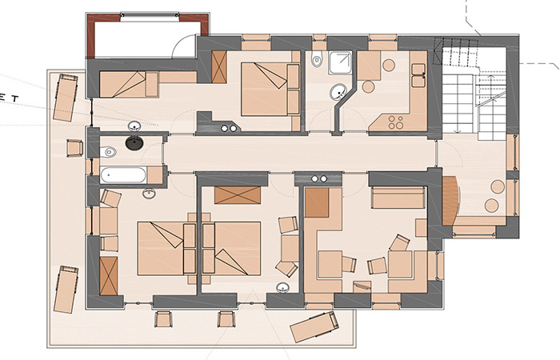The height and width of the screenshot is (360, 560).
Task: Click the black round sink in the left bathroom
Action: tap(134, 143)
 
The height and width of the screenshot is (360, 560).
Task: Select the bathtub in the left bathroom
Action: tap(123, 175)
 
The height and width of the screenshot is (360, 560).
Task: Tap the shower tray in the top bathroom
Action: tap(340, 63)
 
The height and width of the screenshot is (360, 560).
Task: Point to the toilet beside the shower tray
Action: tap(317, 60)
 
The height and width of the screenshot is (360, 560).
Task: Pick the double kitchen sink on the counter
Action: tap(418, 75)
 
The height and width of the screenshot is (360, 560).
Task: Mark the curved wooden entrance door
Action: tap(450, 201)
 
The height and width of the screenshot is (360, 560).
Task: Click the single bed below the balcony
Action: tap(129, 84)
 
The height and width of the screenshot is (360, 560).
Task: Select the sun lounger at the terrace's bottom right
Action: tap(314, 326)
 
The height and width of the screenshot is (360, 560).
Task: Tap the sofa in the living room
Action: tap(398, 198)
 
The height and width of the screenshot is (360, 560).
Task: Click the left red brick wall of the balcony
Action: tap(91, 37)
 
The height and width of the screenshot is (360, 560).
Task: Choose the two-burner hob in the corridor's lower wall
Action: tap(318, 178)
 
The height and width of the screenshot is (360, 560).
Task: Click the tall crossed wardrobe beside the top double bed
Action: tap(219, 66)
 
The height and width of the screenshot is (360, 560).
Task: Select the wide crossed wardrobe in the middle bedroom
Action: tap(238, 195)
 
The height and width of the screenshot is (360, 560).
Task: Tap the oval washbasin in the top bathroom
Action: tap(338, 92)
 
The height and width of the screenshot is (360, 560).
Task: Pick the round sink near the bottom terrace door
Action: tap(283, 287)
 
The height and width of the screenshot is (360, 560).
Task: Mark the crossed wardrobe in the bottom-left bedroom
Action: tap(109, 276)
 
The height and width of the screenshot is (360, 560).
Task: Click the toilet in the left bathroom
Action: tap(108, 153)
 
